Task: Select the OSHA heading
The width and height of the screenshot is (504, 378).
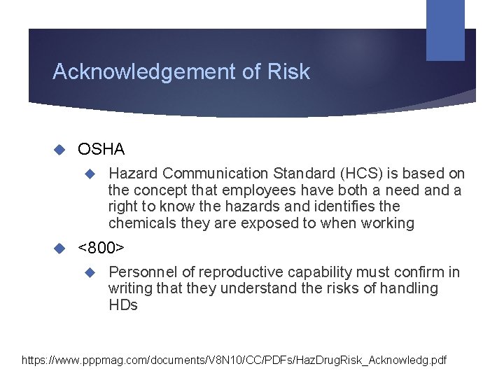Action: pos(101,149)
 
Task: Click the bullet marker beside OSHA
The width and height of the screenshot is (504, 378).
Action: pos(59,149)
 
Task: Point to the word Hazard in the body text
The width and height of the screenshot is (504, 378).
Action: pos(132,174)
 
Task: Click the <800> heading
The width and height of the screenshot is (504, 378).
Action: pos(101,248)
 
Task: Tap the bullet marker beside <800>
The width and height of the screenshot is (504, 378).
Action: pos(59,248)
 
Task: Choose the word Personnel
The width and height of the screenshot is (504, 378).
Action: pos(142,272)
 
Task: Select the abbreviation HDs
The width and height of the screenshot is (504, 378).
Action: pos(123,306)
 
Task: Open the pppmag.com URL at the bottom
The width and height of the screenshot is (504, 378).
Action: pos(234,360)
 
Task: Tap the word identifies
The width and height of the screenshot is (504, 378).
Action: pos(344,207)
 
